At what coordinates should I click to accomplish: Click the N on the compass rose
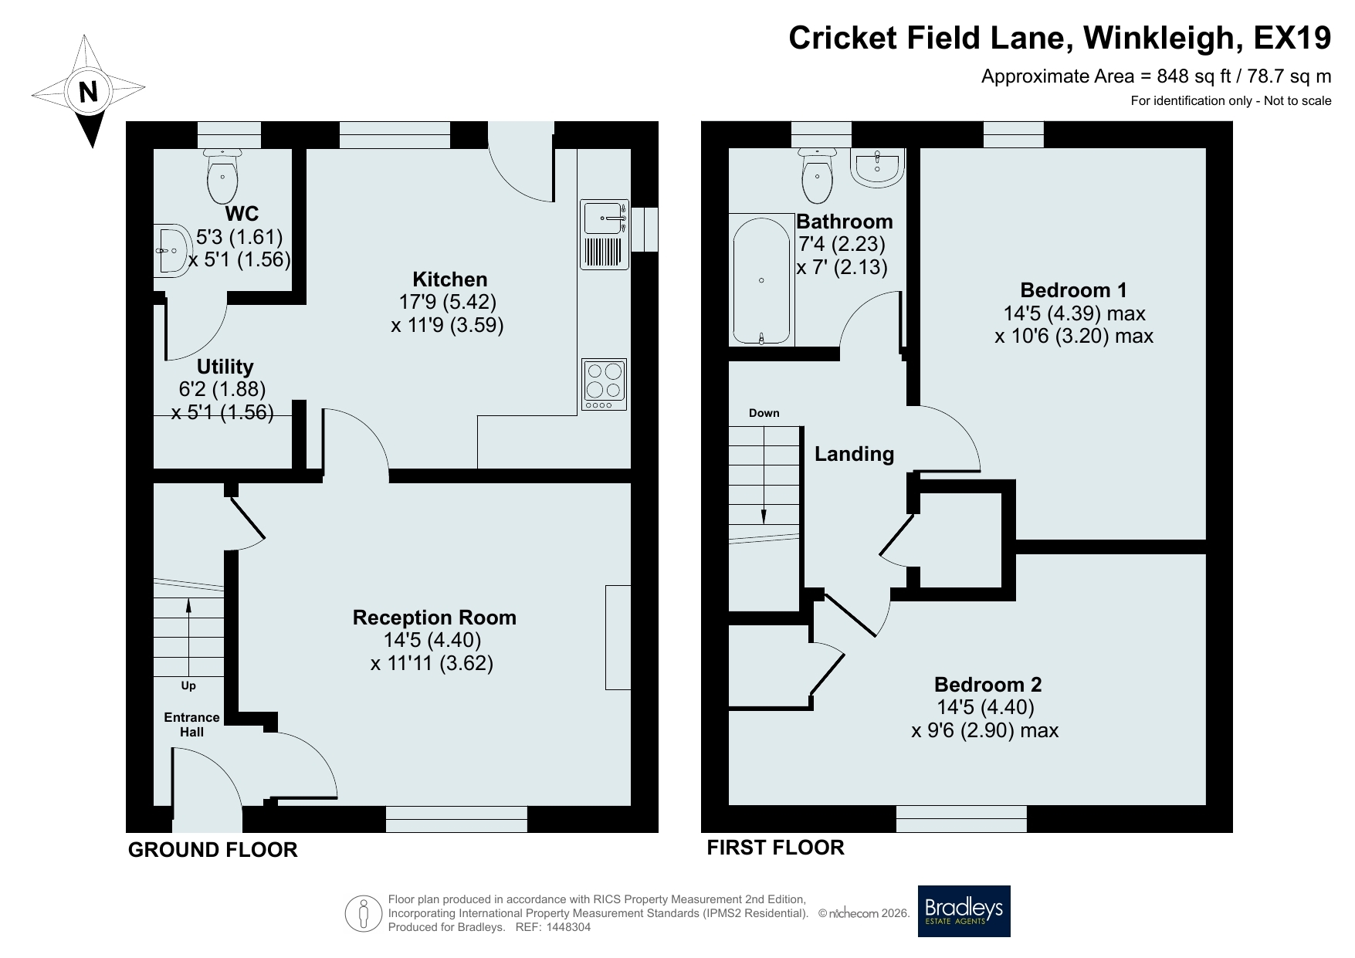(x=89, y=92)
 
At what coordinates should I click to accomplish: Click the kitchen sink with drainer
(x=604, y=235)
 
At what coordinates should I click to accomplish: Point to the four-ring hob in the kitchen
(x=604, y=384)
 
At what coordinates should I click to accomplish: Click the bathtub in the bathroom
(x=762, y=279)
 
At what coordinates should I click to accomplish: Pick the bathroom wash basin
(x=877, y=168)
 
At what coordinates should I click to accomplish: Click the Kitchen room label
(x=450, y=279)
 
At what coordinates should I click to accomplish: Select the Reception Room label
(x=435, y=618)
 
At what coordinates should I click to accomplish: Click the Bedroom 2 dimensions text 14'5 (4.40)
(x=985, y=707)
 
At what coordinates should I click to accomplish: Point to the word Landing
(x=855, y=454)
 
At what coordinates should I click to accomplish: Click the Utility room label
(x=225, y=367)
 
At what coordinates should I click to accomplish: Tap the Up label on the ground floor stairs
(x=188, y=685)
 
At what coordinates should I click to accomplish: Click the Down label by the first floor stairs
(x=764, y=413)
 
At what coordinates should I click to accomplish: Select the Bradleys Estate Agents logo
(x=964, y=911)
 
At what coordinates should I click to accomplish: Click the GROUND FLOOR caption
(x=212, y=850)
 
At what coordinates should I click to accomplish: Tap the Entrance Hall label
(x=191, y=724)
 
